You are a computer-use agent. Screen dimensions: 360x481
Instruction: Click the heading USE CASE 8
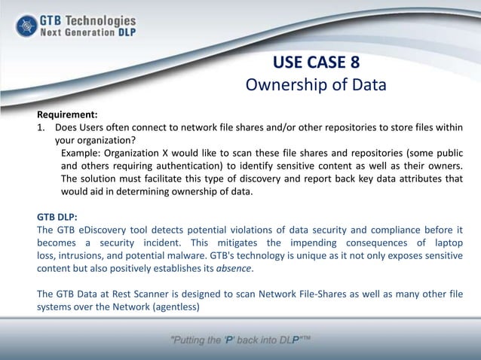tap(316, 62)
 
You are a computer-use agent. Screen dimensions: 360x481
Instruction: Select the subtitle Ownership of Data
tap(316, 84)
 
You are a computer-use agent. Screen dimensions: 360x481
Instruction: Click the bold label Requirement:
tap(68, 114)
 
